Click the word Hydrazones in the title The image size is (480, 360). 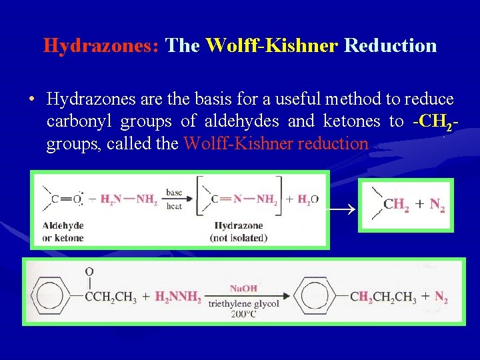pyautogui.click(x=101, y=45)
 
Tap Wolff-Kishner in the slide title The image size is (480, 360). pyautogui.click(x=273, y=45)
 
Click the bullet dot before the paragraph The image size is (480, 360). pyautogui.click(x=31, y=100)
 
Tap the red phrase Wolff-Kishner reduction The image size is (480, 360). pyautogui.click(x=275, y=143)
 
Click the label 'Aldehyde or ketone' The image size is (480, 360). pyautogui.click(x=63, y=232)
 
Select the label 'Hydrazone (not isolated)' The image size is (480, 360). pyautogui.click(x=237, y=232)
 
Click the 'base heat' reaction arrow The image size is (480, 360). pyautogui.click(x=175, y=199)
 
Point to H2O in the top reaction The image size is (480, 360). pyautogui.click(x=307, y=199)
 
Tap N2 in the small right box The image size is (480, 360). pyautogui.click(x=437, y=205)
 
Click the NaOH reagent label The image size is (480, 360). pyautogui.click(x=243, y=288)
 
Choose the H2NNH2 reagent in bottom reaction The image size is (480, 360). pyautogui.click(x=178, y=298)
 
